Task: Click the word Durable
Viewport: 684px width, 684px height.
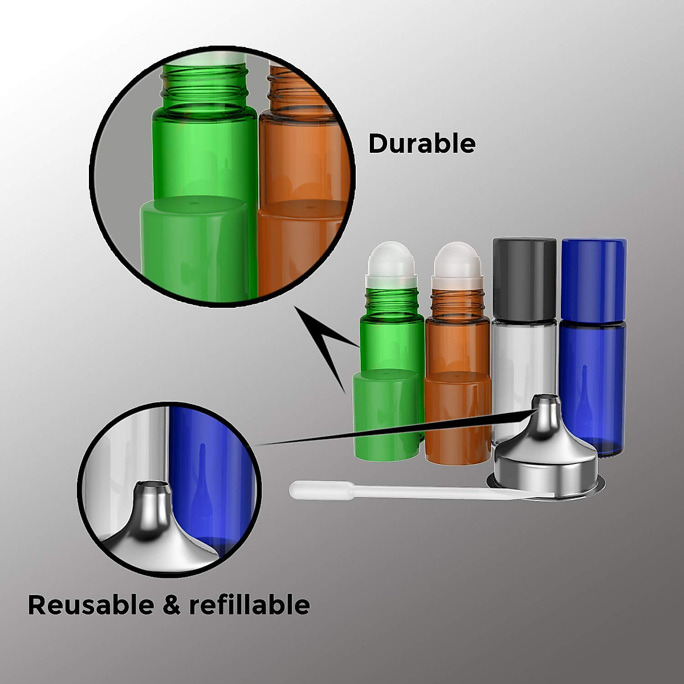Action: pyautogui.click(x=421, y=143)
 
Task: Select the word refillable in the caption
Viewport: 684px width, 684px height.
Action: pyautogui.click(x=249, y=604)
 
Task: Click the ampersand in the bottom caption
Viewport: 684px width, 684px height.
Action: pyautogui.click(x=171, y=605)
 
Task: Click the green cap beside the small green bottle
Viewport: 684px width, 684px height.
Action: pyautogui.click(x=386, y=414)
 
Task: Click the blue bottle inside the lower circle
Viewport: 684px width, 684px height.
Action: pyautogui.click(x=211, y=484)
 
